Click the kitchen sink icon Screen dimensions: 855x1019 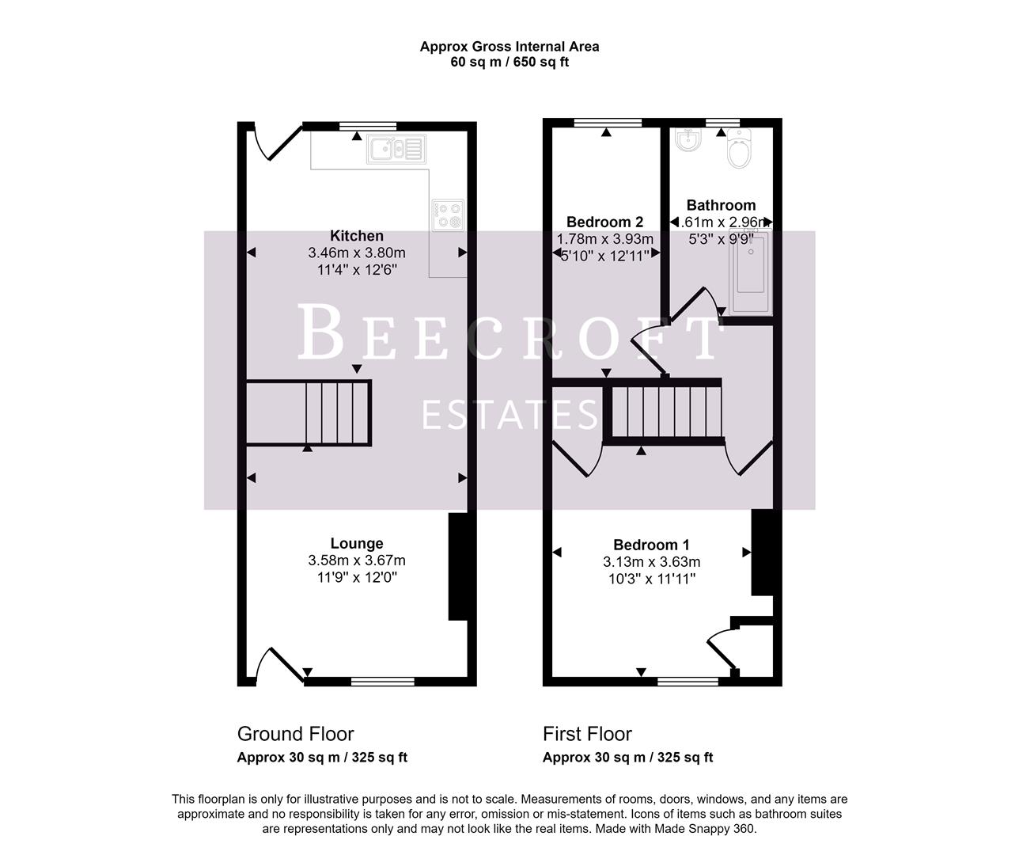(x=396, y=149)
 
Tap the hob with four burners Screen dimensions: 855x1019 (x=448, y=215)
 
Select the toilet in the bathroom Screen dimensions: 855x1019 (x=740, y=150)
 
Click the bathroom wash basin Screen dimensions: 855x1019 (x=686, y=142)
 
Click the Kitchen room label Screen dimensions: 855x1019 (x=357, y=236)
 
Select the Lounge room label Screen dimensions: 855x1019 (x=357, y=543)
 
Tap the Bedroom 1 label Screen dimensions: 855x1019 (x=651, y=545)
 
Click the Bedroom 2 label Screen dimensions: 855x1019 (x=604, y=222)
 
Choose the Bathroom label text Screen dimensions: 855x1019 (x=721, y=205)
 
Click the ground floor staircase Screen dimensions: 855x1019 (x=309, y=412)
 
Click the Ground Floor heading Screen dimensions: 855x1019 (x=295, y=734)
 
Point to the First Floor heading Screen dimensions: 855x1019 (x=587, y=734)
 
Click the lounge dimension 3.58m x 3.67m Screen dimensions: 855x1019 (x=357, y=560)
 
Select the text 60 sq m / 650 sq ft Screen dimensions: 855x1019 (x=509, y=62)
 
